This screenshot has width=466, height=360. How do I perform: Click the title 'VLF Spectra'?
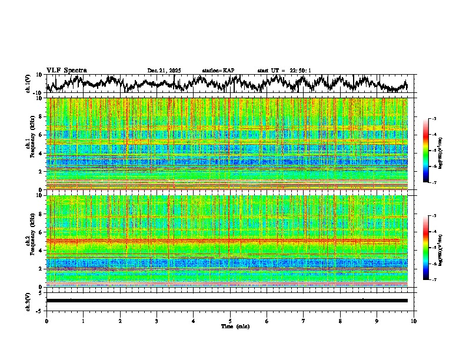click(x=66, y=70)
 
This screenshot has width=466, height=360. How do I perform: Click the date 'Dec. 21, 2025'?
click(x=164, y=71)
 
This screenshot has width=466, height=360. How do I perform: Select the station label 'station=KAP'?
click(x=218, y=71)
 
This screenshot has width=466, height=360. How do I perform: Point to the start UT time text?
click(x=284, y=71)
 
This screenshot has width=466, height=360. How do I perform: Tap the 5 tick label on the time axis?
click(x=230, y=321)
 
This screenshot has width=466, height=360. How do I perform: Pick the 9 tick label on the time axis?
click(x=377, y=321)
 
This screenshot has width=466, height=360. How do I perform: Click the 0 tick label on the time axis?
click(x=46, y=321)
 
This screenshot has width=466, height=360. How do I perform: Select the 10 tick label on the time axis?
click(x=414, y=321)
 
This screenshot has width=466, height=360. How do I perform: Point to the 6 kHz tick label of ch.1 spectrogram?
click(x=40, y=135)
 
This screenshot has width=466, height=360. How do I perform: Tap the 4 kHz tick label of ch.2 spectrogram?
click(x=40, y=250)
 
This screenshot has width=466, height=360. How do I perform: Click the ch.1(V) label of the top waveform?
click(x=28, y=84)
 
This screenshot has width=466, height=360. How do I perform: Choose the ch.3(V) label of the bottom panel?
click(x=28, y=301)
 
